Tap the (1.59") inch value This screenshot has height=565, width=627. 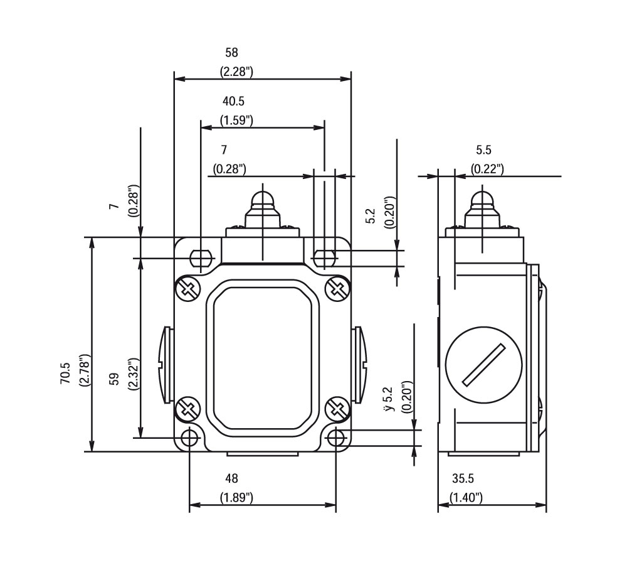click(x=236, y=120)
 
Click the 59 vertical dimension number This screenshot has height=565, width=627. click(x=114, y=380)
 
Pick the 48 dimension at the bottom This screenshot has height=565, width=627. click(x=231, y=479)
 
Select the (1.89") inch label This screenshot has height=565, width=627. click(x=236, y=498)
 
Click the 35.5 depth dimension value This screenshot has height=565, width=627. click(x=463, y=479)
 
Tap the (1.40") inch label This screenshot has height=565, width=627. click(x=466, y=498)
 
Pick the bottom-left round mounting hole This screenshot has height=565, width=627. click(x=190, y=437)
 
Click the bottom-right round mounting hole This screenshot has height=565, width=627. click(x=337, y=437)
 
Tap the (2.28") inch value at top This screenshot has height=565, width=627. click(x=236, y=72)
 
